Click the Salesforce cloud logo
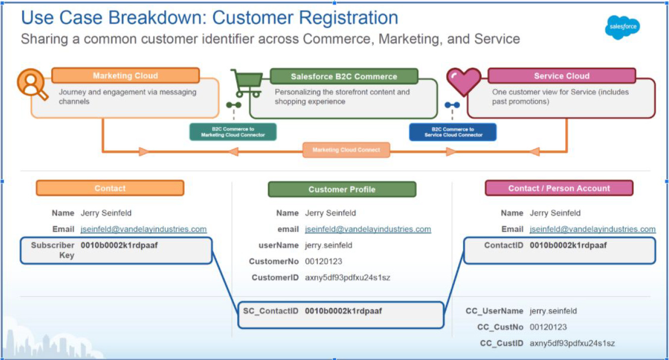click(622, 27)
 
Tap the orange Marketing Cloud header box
click(125, 76)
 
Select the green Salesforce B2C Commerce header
click(344, 76)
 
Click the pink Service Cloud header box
click(562, 76)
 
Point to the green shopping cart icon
click(246, 83)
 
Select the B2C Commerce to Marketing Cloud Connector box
click(233, 132)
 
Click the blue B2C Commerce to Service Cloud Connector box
click(453, 132)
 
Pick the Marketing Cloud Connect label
click(346, 150)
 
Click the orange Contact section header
click(110, 188)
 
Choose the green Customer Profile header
click(342, 189)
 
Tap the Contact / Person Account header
click(559, 188)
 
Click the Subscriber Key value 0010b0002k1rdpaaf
click(119, 245)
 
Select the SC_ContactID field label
click(271, 311)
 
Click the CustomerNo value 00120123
click(323, 261)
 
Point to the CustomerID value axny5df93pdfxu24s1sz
click(347, 278)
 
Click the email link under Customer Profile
click(368, 229)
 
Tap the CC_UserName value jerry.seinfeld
click(553, 311)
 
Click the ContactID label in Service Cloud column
click(503, 245)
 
